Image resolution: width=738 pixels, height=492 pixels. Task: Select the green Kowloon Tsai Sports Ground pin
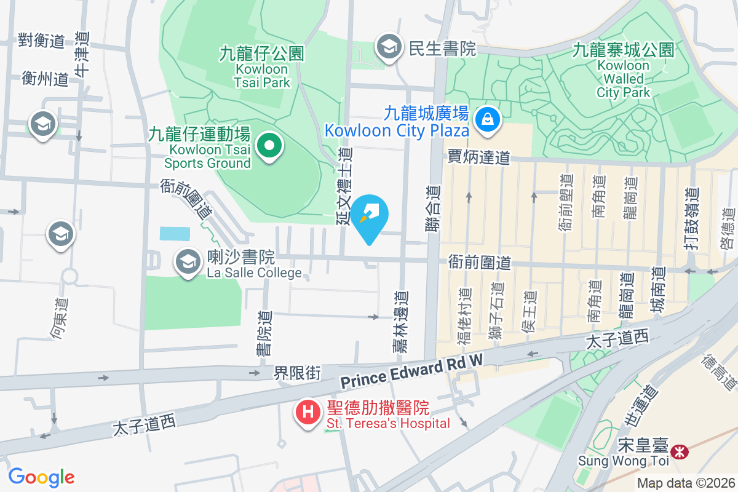269,147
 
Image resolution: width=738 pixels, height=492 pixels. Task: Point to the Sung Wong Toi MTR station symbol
680,452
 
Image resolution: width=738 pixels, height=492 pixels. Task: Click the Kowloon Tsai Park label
262,68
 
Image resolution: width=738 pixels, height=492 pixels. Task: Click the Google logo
41,477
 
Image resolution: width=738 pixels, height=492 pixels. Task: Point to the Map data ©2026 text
685,483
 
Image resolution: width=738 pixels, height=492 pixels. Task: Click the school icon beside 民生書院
389,47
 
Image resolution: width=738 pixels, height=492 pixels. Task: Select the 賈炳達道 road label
478,157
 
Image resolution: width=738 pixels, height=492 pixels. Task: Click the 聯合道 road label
434,208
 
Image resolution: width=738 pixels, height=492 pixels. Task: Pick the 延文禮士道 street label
345,185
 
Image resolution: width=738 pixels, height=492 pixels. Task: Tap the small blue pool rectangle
175,234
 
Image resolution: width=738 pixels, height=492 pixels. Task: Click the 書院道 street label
264,333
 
